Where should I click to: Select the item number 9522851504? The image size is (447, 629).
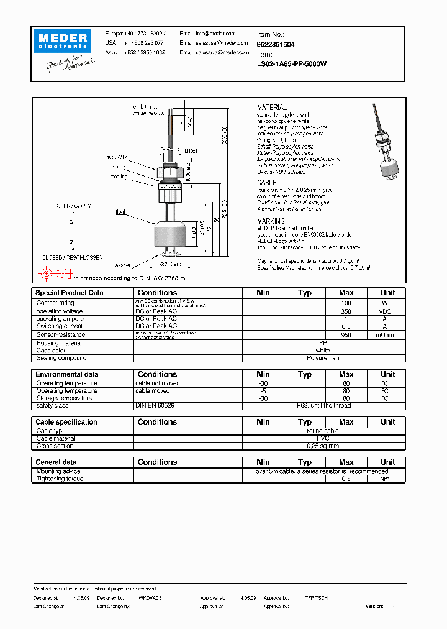click(x=276, y=45)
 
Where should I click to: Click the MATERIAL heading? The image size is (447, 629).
click(x=272, y=108)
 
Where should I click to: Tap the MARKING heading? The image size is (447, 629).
click(x=271, y=221)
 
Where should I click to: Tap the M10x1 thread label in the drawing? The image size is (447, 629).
click(x=190, y=151)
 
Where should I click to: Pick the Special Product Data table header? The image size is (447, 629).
click(x=70, y=293)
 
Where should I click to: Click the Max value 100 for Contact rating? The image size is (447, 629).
click(x=346, y=303)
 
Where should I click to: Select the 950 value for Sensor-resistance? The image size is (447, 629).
click(x=346, y=334)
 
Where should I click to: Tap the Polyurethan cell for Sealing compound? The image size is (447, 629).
click(x=322, y=358)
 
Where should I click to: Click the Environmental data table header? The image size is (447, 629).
click(x=67, y=374)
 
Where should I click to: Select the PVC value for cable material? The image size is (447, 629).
click(x=322, y=438)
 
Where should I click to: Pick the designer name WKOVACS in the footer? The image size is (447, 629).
click(x=150, y=597)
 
